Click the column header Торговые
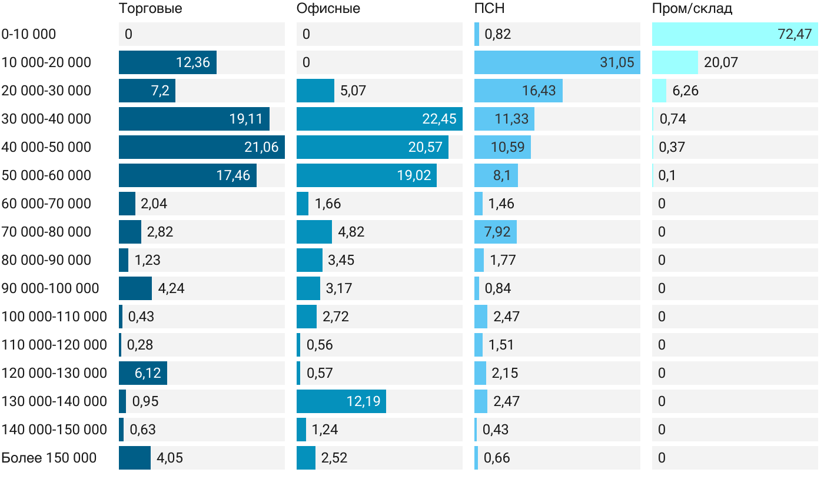pyautogui.click(x=150, y=9)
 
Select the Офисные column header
pyautogui.click(x=328, y=9)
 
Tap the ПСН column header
pyautogui.click(x=489, y=9)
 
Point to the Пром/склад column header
pyautogui.click(x=692, y=9)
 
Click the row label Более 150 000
pyautogui.click(x=49, y=458)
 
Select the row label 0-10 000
pyautogui.click(x=29, y=34)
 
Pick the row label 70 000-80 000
pyautogui.click(x=46, y=232)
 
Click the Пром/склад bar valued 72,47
pyautogui.click(x=735, y=34)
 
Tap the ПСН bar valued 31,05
pyautogui.click(x=557, y=62)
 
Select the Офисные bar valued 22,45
pyautogui.click(x=379, y=119)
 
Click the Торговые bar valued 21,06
pyautogui.click(x=201, y=147)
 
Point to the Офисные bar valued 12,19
pyautogui.click(x=341, y=401)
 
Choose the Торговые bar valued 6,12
pyautogui.click(x=142, y=373)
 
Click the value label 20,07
pyautogui.click(x=720, y=62)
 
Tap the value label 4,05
pyautogui.click(x=170, y=458)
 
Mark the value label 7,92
pyautogui.click(x=495, y=232)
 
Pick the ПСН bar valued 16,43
pyautogui.click(x=518, y=91)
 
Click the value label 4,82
pyautogui.click(x=351, y=232)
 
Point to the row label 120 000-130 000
pyautogui.click(x=54, y=373)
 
